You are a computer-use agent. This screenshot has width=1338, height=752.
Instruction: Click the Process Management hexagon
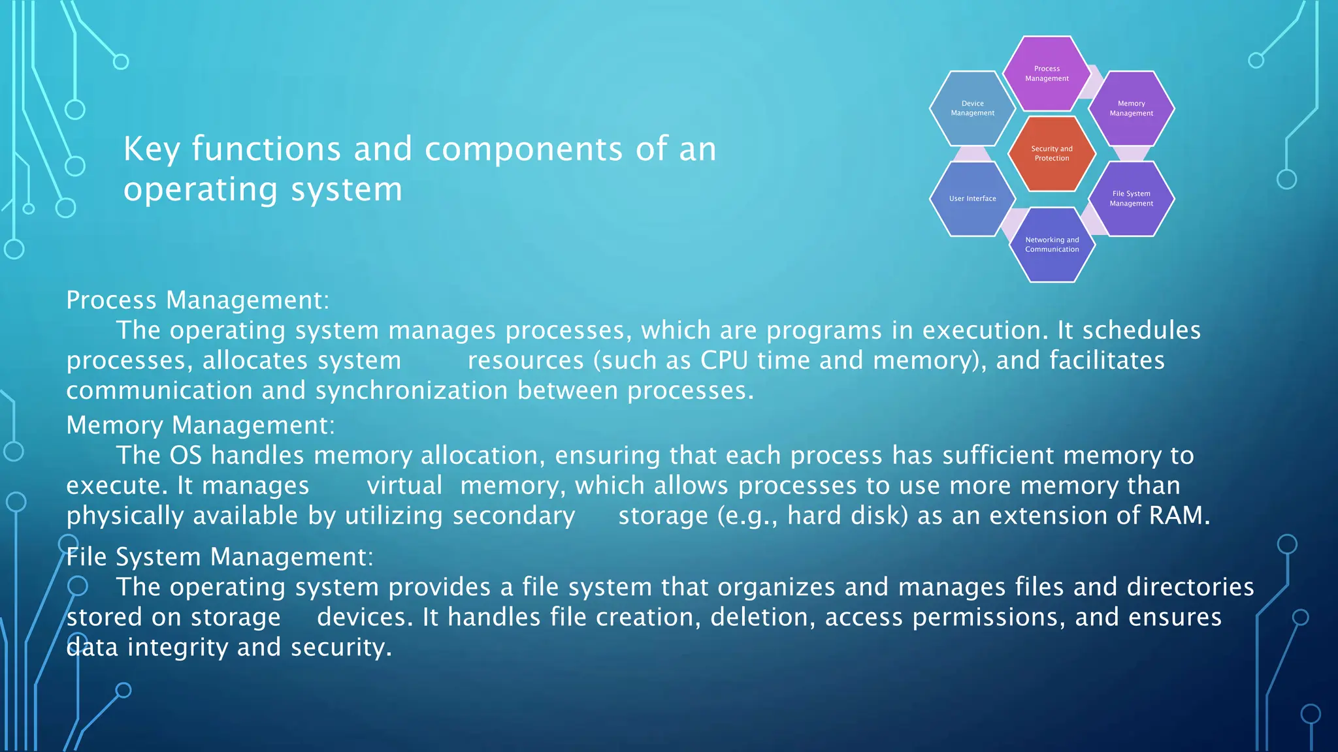[x=1047, y=73]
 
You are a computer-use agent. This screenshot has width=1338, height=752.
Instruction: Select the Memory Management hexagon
[x=1131, y=108]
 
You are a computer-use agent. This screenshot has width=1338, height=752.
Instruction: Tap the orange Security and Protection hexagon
[x=1051, y=153]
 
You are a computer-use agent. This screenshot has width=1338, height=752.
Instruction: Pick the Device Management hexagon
[x=972, y=108]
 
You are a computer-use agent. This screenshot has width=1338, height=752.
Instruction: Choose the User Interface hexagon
[x=972, y=198]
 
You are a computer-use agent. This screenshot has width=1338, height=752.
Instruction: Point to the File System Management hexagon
[x=1131, y=198]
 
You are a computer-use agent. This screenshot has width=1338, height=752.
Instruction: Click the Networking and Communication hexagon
[x=1051, y=245]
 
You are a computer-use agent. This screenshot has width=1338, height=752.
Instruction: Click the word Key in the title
[x=152, y=149]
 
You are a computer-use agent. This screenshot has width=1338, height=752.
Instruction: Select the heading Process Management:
[x=198, y=300]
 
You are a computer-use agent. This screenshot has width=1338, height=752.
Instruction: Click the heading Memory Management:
[x=201, y=426]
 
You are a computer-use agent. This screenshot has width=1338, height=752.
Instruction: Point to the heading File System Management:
[x=220, y=557]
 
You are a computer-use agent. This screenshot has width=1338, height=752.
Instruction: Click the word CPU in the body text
[x=724, y=360]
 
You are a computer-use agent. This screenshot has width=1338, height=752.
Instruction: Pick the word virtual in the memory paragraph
[x=404, y=486]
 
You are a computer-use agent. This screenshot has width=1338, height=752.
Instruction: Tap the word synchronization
[x=412, y=390]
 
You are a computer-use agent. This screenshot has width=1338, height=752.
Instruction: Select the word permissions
[x=988, y=618]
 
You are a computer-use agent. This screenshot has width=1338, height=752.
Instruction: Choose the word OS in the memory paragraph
[x=186, y=456]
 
